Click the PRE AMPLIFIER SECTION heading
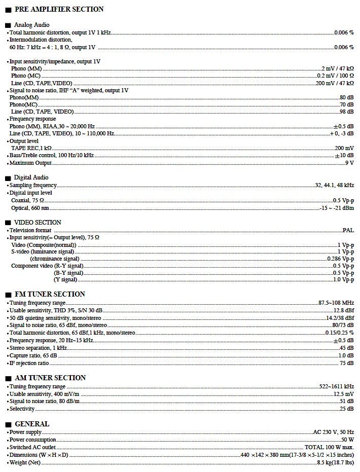point(59,9)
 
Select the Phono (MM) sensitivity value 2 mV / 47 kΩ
point(338,68)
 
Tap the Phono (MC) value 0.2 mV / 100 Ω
point(335,76)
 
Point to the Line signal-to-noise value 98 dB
point(347,112)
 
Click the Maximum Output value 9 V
point(349,163)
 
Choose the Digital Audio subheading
point(31,177)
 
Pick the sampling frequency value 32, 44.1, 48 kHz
point(335,185)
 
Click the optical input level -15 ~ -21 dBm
point(337,208)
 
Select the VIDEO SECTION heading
point(38,223)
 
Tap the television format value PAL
point(348,230)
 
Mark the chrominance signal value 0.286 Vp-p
point(341,259)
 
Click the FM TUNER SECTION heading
point(50,294)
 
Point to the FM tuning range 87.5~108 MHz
point(336,303)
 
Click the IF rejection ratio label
point(29,363)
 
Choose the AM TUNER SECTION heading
point(50,378)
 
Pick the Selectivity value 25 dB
point(347,409)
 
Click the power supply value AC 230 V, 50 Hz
point(334,432)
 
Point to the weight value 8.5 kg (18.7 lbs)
point(336,462)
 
